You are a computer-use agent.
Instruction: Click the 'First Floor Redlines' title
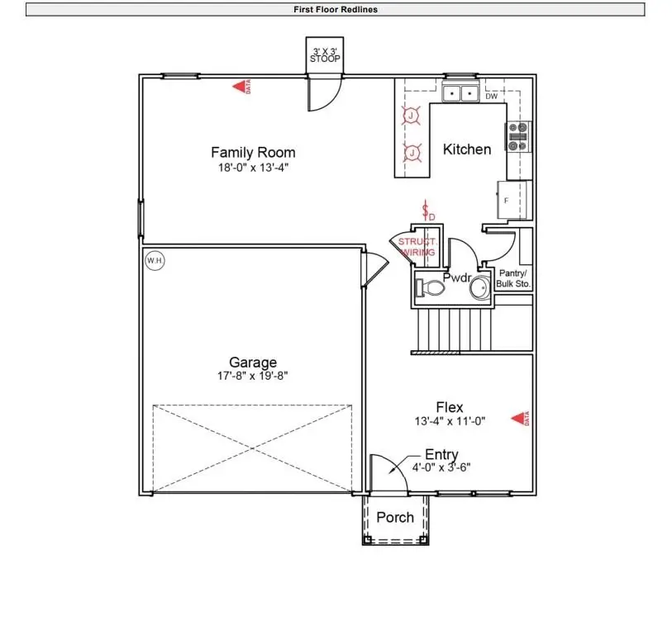point(336,10)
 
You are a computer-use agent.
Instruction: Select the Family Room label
point(253,153)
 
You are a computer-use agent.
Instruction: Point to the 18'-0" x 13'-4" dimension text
point(253,168)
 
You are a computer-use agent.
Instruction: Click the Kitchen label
point(467,149)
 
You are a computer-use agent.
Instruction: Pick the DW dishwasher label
point(491,97)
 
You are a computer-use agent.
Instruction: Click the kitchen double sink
point(461,93)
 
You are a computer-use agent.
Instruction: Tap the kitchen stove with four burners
point(518,136)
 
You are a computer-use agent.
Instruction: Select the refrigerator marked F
point(513,201)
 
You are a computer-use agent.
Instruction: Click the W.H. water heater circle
point(155,261)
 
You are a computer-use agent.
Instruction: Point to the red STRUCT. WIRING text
point(417,247)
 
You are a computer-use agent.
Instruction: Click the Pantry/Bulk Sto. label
point(514,278)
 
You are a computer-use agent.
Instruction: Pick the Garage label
point(253,363)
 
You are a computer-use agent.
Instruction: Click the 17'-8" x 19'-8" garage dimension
point(253,377)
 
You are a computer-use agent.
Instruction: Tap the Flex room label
point(450,407)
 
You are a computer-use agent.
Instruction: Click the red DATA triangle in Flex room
point(518,419)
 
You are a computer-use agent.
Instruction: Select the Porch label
point(395,518)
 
